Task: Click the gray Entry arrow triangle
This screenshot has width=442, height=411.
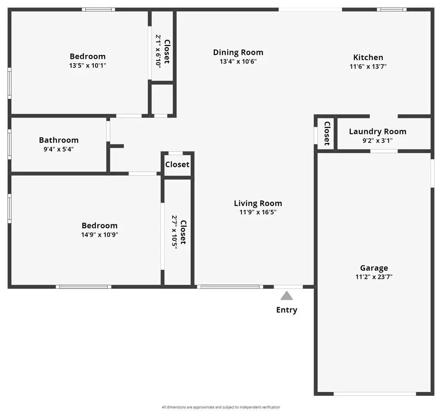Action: (x=287, y=296)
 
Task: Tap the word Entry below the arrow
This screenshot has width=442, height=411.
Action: (x=287, y=310)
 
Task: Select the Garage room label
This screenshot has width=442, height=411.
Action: (x=374, y=268)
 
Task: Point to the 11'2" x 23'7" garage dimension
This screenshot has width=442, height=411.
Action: (x=374, y=277)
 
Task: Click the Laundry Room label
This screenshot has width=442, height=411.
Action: (x=377, y=132)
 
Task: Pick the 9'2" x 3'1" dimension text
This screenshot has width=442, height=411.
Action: (x=377, y=140)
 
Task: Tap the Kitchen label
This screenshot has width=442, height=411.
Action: (x=368, y=57)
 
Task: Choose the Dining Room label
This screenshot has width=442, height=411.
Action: (x=238, y=53)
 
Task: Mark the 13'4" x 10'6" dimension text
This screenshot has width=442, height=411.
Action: (x=238, y=61)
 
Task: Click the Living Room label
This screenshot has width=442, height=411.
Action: (x=258, y=203)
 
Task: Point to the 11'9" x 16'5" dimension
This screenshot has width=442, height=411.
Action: (x=258, y=212)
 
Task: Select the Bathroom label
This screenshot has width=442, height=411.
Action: (x=59, y=140)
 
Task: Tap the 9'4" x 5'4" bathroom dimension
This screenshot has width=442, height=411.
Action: (x=59, y=149)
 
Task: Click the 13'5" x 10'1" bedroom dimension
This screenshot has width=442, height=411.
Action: (x=87, y=65)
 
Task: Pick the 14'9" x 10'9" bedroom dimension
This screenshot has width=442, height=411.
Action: (x=100, y=234)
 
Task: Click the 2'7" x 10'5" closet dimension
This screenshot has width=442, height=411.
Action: (x=175, y=232)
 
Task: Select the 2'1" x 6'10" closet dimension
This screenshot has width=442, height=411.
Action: (x=158, y=51)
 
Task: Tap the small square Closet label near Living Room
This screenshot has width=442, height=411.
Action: (x=177, y=164)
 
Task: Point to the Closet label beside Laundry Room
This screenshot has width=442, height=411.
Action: (x=326, y=133)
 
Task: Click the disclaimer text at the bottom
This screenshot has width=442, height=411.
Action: (x=221, y=407)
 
